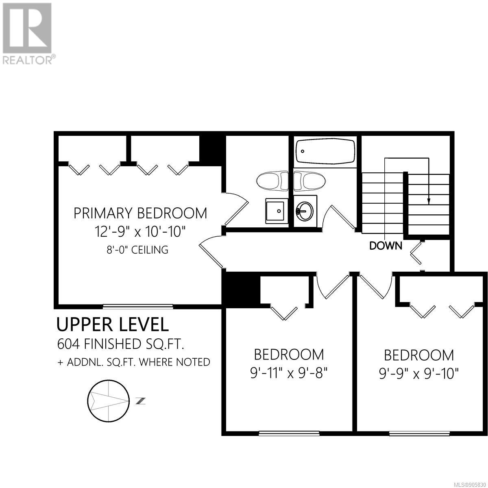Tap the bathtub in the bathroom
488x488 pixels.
point(325,151)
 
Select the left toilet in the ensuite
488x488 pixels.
point(272,181)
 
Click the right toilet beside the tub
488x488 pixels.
point(309,181)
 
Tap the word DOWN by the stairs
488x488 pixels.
point(386,245)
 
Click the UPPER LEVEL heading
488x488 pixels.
point(112,325)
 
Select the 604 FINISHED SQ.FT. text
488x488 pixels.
point(120,344)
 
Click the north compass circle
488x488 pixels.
point(109,401)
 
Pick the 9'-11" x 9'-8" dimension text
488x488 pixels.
point(289,373)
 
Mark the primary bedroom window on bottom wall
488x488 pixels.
point(138,307)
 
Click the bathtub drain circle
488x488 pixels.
point(303,151)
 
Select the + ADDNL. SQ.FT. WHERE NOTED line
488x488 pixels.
point(134,362)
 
